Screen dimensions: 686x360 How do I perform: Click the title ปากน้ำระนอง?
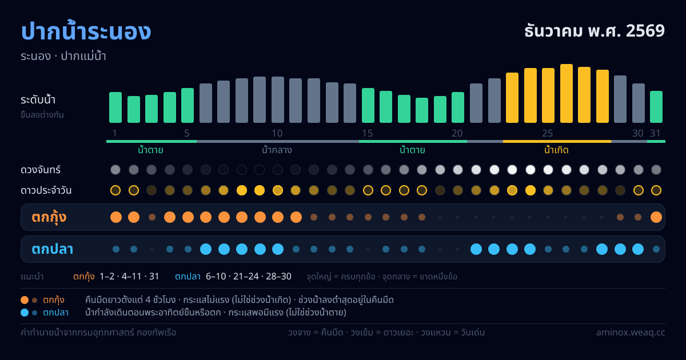(x=86, y=31)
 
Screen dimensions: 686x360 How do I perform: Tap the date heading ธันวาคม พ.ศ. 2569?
(x=595, y=31)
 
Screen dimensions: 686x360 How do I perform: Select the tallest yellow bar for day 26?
(x=567, y=93)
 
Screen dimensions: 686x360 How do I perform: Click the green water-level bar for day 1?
(x=115, y=107)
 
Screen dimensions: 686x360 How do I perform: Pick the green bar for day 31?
(x=656, y=107)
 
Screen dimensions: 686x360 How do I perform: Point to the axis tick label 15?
(x=368, y=133)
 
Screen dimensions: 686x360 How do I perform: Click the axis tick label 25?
(x=547, y=133)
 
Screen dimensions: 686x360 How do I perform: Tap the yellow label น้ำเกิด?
(x=556, y=150)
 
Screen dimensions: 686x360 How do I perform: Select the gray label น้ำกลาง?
(x=277, y=150)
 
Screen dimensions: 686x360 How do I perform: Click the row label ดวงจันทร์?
(x=41, y=170)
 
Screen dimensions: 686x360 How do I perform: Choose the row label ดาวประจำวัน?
(x=46, y=190)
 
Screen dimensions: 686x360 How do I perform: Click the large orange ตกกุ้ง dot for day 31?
(x=656, y=217)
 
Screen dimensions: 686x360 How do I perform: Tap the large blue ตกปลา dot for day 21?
(x=476, y=249)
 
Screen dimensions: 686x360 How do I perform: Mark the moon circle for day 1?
(x=115, y=170)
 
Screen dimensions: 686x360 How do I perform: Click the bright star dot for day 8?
(x=242, y=190)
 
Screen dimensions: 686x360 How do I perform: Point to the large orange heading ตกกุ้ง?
(x=49, y=217)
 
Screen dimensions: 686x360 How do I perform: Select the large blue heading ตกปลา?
(x=53, y=249)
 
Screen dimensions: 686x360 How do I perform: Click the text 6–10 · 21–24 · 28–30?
(x=248, y=277)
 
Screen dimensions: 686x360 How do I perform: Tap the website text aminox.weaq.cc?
(x=631, y=333)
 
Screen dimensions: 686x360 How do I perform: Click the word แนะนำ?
(x=32, y=277)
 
